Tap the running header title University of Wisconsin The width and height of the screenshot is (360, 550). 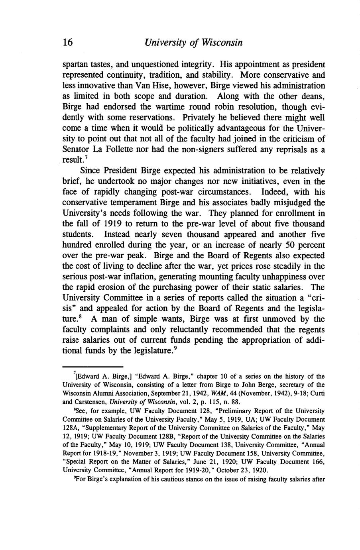194,43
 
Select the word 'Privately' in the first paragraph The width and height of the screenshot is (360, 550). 199,118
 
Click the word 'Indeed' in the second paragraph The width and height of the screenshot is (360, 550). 274,192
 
